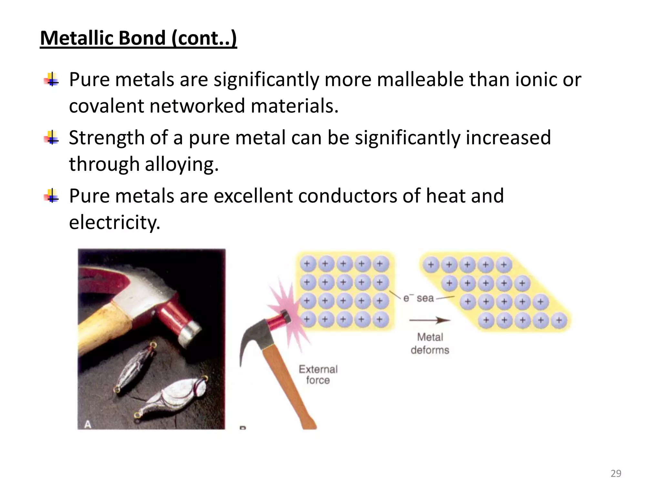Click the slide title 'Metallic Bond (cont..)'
[x=138, y=38]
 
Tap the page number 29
[x=616, y=473]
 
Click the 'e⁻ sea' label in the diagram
[x=419, y=298]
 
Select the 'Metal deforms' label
[x=430, y=344]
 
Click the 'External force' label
[x=318, y=375]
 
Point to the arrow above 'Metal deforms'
[x=429, y=320]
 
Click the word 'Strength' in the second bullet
[x=107, y=138]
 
